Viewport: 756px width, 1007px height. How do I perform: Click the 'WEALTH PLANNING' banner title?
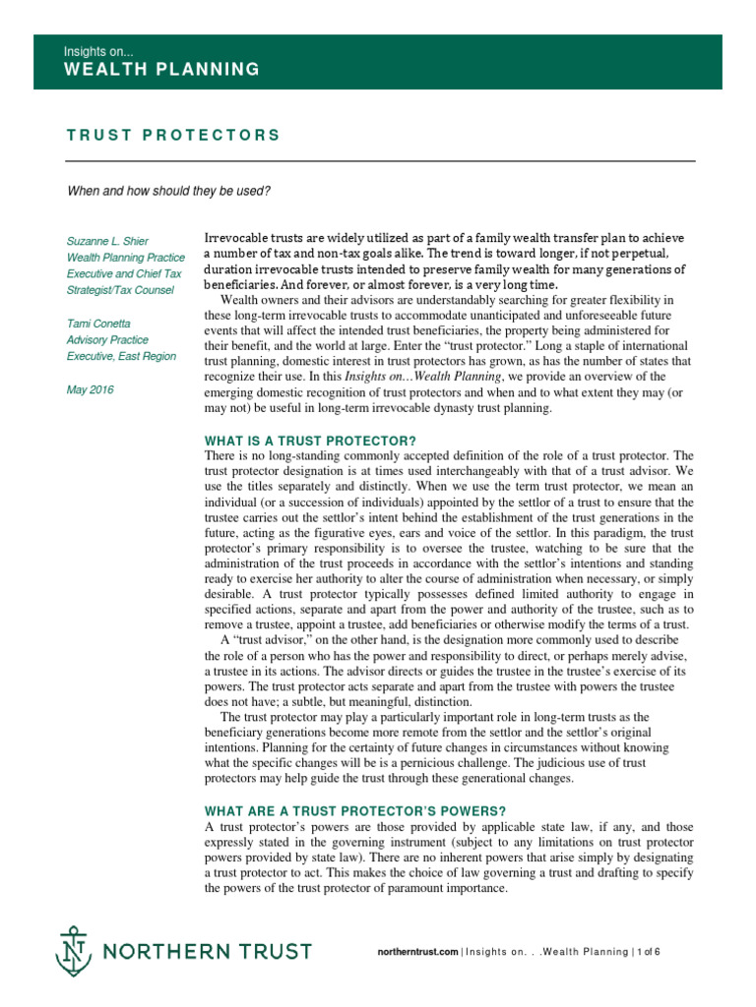coord(162,69)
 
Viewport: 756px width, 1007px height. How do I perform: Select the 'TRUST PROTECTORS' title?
coord(173,136)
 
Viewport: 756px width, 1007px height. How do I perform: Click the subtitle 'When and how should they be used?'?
coord(168,191)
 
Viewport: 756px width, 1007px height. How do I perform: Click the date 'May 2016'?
coord(90,389)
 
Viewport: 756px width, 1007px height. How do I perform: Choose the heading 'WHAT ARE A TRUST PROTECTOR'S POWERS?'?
coord(354,811)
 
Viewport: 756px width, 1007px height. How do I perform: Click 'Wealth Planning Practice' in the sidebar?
coord(125,257)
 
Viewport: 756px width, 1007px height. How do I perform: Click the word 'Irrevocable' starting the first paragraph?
coord(235,239)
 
